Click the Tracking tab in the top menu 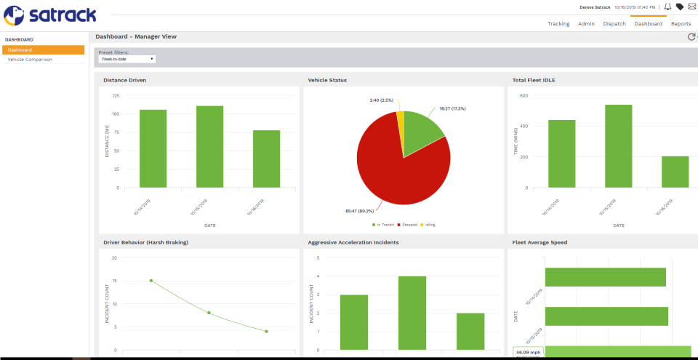[558, 23]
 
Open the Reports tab [681, 23]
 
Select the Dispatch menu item [614, 23]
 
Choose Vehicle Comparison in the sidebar [30, 59]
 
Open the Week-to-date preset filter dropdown [127, 59]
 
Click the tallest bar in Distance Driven [209, 146]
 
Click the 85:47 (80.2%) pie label [360, 211]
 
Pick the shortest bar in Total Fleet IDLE [675, 172]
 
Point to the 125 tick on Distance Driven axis [116, 95]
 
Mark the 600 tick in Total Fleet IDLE [523, 95]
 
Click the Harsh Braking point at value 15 [151, 280]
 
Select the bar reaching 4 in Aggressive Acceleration [412, 313]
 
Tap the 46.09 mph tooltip [528, 353]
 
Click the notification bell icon [667, 7]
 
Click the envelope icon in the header [691, 7]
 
